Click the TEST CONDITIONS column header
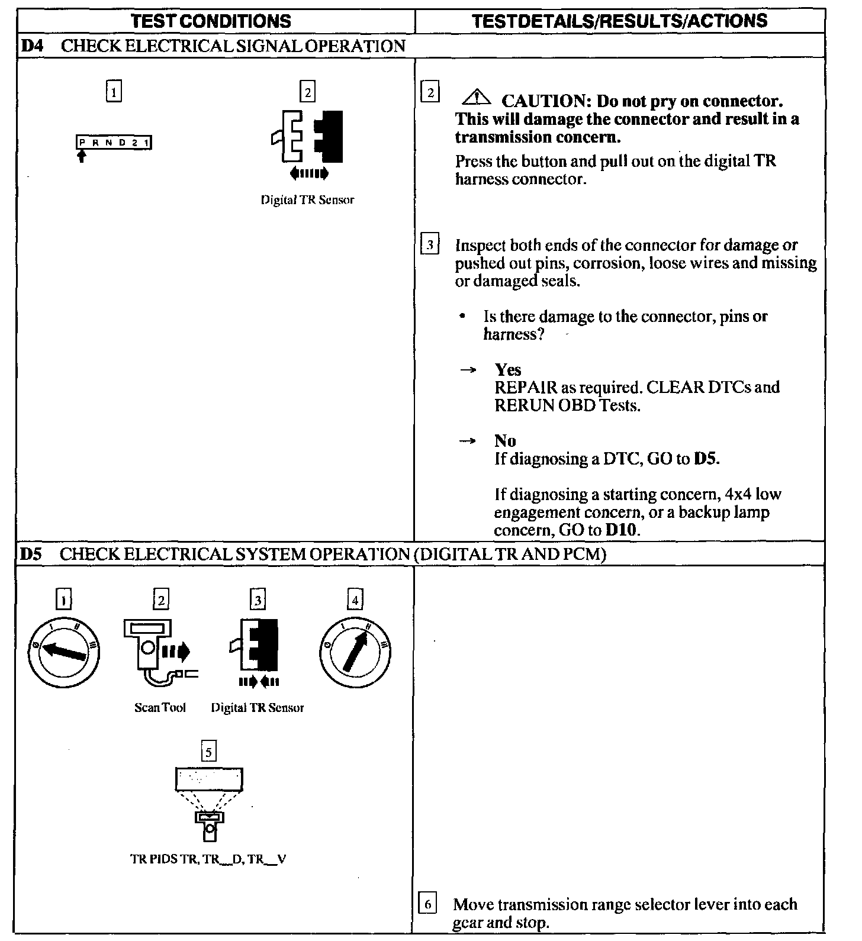(211, 21)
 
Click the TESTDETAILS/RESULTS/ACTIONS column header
(620, 21)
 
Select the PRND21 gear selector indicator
(114, 143)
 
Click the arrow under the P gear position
(82, 156)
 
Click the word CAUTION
(543, 101)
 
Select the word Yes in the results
(508, 370)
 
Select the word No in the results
(505, 441)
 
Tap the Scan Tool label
(160, 708)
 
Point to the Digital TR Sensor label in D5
(258, 708)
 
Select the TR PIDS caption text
(208, 859)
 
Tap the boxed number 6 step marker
(427, 904)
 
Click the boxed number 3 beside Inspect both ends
(430, 244)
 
